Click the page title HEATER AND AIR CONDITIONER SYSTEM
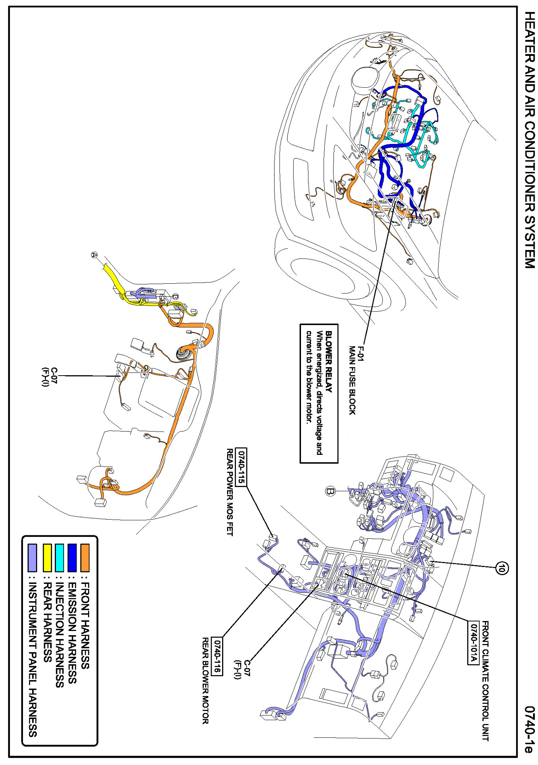coord(530,140)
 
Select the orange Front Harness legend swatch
coord(85,557)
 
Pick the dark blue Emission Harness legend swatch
coord(72,557)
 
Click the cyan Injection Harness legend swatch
coord(59,557)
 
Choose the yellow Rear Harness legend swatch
coord(47,557)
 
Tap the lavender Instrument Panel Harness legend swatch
coord(33,557)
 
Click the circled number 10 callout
coord(502,568)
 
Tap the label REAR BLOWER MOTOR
coord(206,681)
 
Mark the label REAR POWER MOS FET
coord(230,492)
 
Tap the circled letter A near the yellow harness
coord(95,255)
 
